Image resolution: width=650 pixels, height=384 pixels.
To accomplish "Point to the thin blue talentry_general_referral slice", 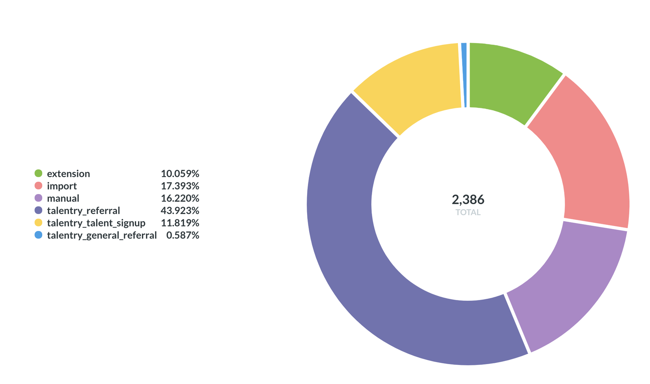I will (x=464, y=75).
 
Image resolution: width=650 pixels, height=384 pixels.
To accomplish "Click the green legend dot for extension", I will (x=39, y=173).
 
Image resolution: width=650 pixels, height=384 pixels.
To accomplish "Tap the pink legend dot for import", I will (x=39, y=186).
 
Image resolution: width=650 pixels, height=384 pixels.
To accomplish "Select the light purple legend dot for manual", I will (x=39, y=198).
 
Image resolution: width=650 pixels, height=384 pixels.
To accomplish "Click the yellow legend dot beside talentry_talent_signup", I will (x=39, y=223).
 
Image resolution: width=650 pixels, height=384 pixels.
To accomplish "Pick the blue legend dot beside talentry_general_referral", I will (x=39, y=235).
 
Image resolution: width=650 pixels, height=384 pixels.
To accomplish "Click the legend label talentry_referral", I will (x=83, y=211).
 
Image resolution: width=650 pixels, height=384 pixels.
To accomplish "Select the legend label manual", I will (x=63, y=198).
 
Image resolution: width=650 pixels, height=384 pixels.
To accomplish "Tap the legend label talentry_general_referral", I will (x=102, y=235).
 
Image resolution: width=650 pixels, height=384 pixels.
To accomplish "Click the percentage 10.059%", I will (x=180, y=174).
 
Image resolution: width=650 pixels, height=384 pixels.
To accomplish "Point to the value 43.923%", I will (x=180, y=211).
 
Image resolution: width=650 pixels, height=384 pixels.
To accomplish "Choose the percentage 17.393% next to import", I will (x=180, y=186).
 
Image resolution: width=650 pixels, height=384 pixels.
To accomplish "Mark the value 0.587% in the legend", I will (x=182, y=235).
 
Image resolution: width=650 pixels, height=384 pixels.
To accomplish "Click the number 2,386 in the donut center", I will (x=468, y=200).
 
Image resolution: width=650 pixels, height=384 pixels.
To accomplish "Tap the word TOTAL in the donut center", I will (x=468, y=212).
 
